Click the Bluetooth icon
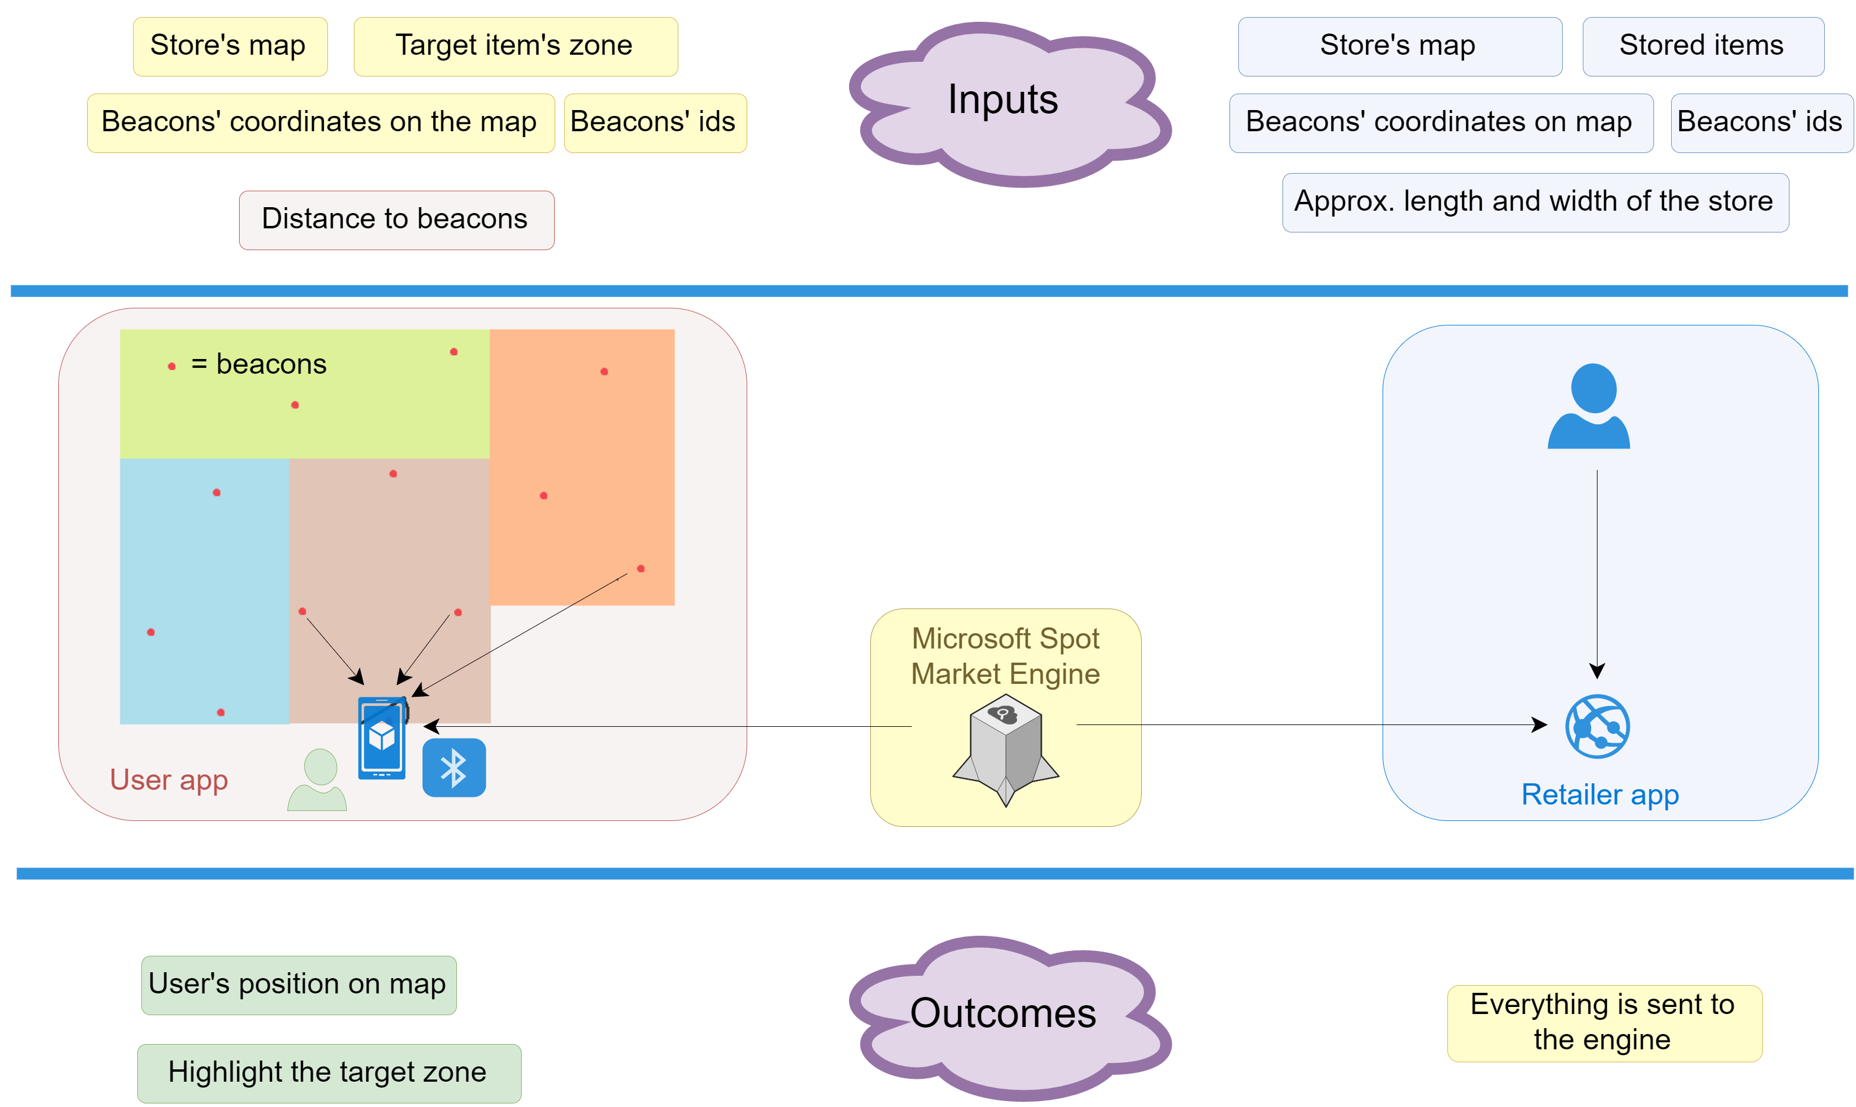[454, 767]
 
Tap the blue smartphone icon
[383, 739]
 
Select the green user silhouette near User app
[317, 780]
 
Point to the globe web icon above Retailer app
[1597, 727]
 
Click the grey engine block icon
[1005, 750]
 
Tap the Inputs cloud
[1010, 104]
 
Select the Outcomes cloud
[1010, 1018]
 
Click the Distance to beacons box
[396, 220]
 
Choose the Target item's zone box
[516, 46]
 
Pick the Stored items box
[1703, 46]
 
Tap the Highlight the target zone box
[329, 1073]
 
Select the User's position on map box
[299, 985]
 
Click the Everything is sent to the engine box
[1605, 1023]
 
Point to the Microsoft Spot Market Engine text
[1005, 656]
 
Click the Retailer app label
[1600, 795]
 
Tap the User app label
[168, 780]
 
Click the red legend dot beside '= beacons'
[171, 366]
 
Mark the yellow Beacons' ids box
[655, 123]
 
